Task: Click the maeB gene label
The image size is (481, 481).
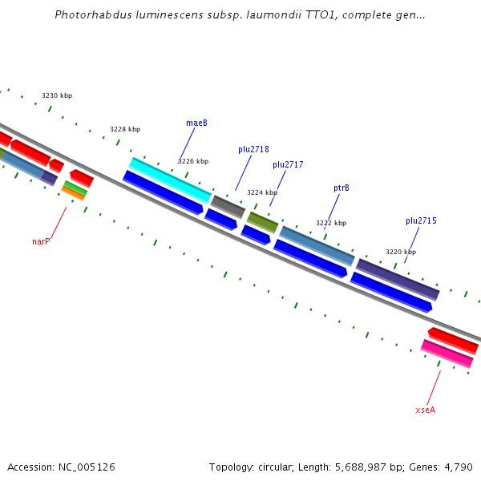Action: pos(196,123)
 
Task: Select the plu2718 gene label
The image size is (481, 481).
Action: pos(253,149)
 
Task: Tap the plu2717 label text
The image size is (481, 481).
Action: pos(288,164)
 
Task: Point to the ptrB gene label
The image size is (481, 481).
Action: pos(342,188)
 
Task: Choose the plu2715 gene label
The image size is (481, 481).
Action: pos(421,220)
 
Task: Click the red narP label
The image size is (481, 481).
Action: pos(41,241)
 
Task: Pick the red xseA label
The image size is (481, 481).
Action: pos(425,410)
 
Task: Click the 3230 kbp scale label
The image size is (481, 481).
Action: pos(57,95)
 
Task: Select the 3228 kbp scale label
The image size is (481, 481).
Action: pos(125,129)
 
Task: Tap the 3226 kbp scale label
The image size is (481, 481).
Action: pos(193,161)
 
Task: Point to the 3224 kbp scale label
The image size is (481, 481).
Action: pos(262,192)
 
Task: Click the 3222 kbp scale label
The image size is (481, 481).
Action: pos(331,223)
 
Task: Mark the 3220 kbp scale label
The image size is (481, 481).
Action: pos(401,252)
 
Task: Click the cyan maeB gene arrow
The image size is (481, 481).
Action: pos(170,180)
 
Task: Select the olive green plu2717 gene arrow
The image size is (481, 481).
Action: pos(262,222)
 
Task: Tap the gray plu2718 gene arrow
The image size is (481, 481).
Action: pos(228,206)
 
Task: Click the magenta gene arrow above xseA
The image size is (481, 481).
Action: pos(447,354)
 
